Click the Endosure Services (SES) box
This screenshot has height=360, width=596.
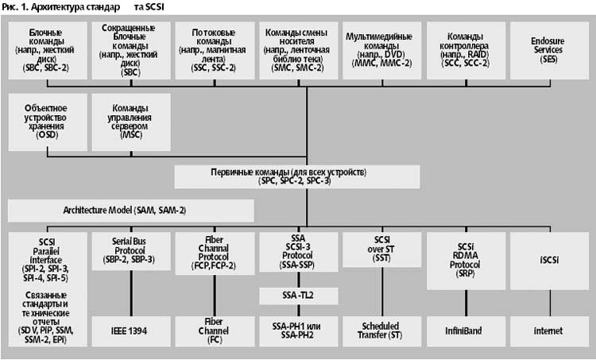click(x=548, y=49)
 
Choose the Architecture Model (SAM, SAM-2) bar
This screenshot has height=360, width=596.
click(x=131, y=210)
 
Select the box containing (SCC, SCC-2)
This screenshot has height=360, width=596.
click(x=464, y=49)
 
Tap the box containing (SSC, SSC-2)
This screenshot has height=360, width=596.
click(x=215, y=49)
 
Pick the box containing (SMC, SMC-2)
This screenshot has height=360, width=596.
click(x=300, y=49)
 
